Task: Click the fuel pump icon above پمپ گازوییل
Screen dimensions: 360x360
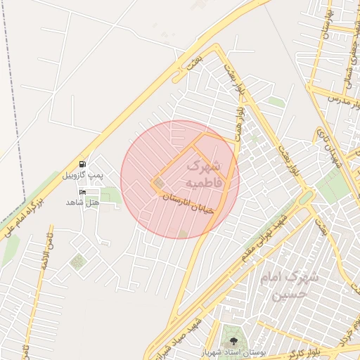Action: tap(83, 164)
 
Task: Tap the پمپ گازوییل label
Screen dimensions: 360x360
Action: tap(83, 174)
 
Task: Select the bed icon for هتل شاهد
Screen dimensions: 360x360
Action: tap(83, 192)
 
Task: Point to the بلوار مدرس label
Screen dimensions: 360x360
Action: tap(347, 101)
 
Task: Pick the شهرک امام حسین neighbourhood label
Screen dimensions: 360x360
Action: tap(289, 285)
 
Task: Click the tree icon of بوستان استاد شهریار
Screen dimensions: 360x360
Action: tap(234, 342)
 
